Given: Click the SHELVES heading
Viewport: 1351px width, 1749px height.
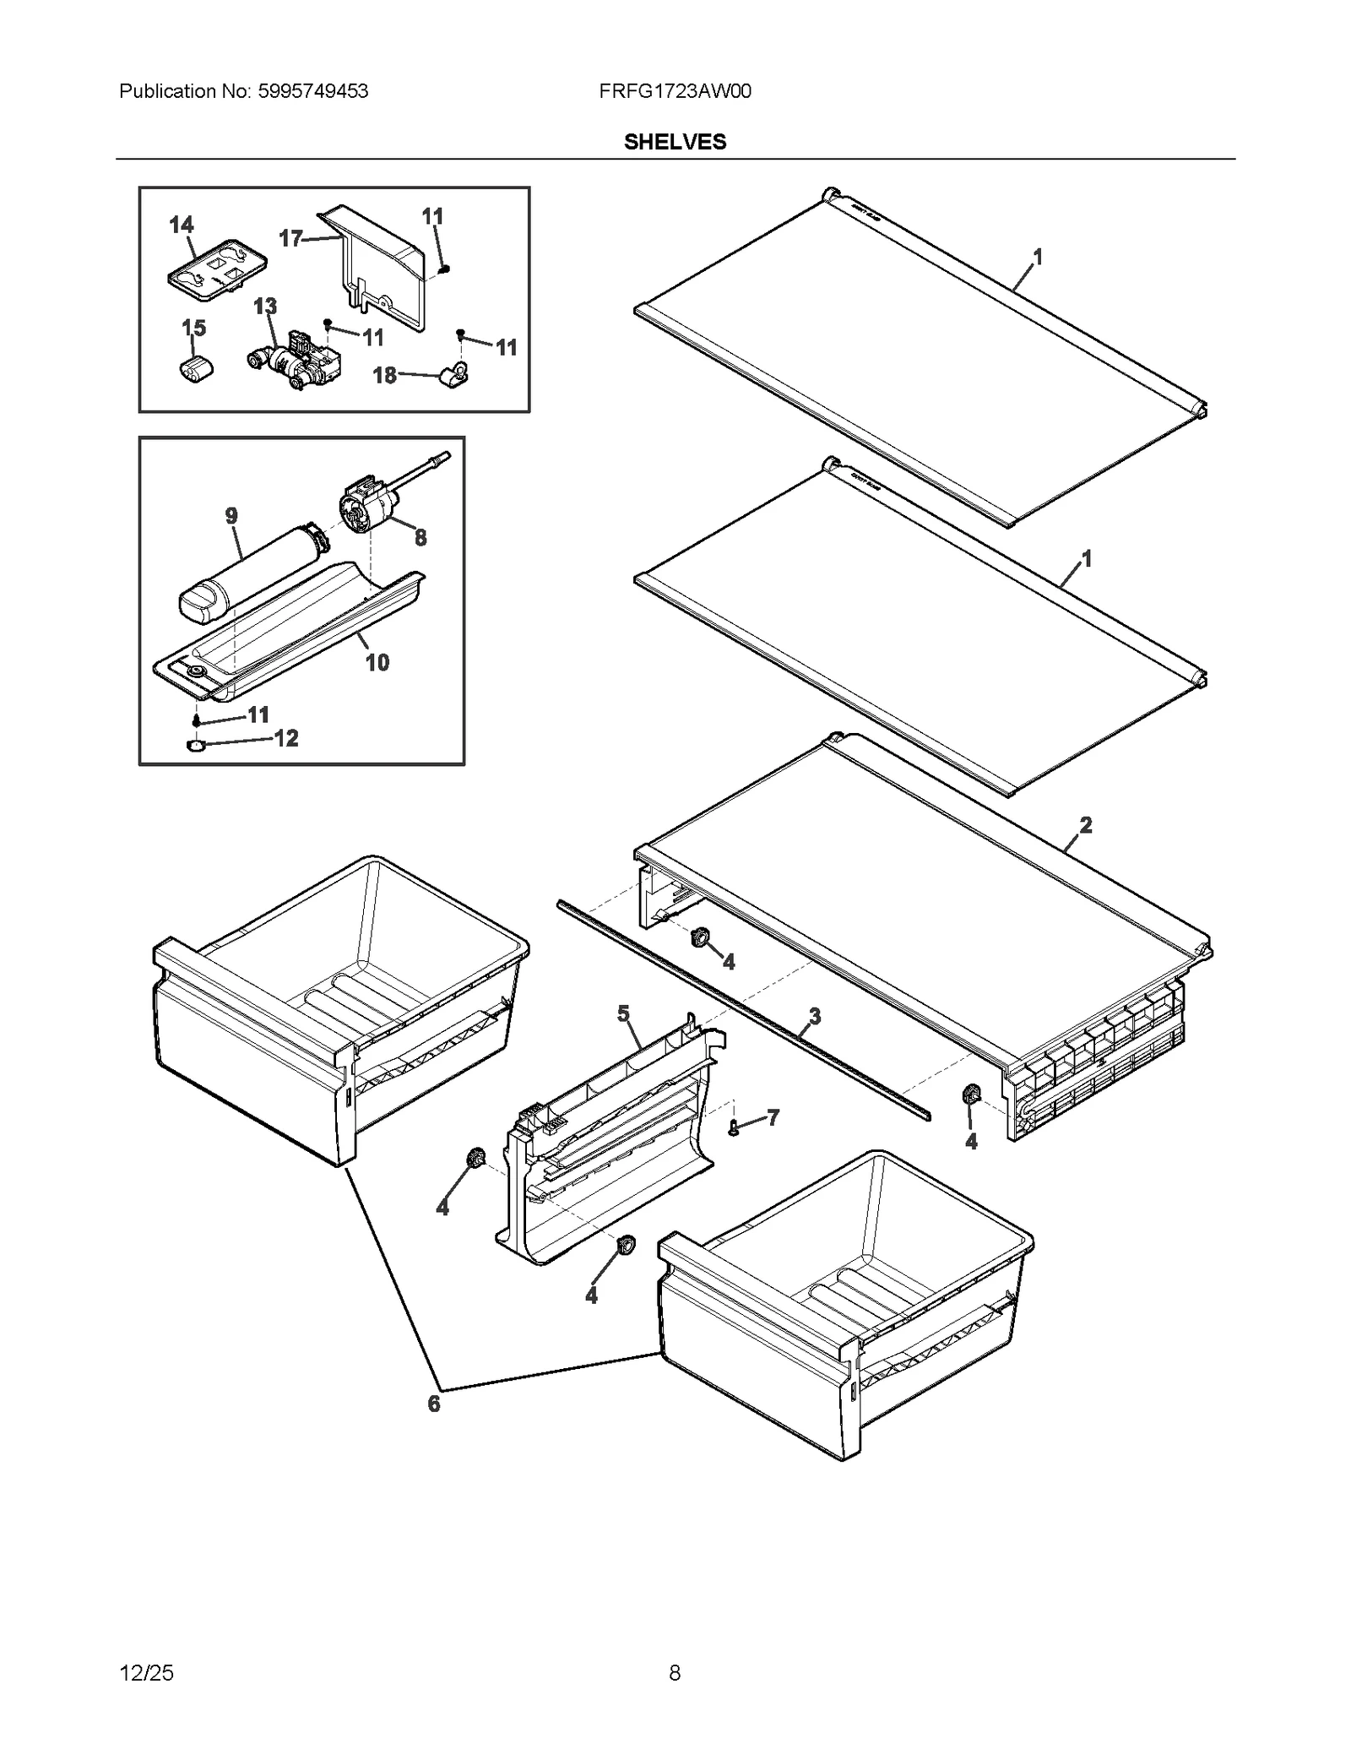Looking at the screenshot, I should click(x=674, y=142).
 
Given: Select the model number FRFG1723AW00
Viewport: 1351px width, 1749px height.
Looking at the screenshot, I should click(x=674, y=91).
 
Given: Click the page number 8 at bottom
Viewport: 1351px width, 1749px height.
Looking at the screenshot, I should click(x=674, y=1672).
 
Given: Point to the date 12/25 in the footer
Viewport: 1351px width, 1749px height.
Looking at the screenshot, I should click(x=147, y=1672).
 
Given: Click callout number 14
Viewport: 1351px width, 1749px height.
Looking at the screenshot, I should click(x=181, y=225).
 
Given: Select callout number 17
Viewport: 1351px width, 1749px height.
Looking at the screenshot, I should click(x=290, y=239).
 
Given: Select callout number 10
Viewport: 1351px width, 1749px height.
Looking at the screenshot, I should click(x=377, y=662).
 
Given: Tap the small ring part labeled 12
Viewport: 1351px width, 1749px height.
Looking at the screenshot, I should click(x=196, y=746).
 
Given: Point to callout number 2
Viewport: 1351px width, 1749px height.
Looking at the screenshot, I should click(x=1085, y=824).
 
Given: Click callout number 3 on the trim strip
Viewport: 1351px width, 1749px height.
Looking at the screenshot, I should click(x=814, y=1015).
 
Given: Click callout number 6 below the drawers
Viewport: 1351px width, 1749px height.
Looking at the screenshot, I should click(x=433, y=1404).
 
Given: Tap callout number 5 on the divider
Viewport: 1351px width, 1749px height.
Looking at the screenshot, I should click(x=623, y=1013).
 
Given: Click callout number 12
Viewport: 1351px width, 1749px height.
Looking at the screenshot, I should click(x=286, y=738).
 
